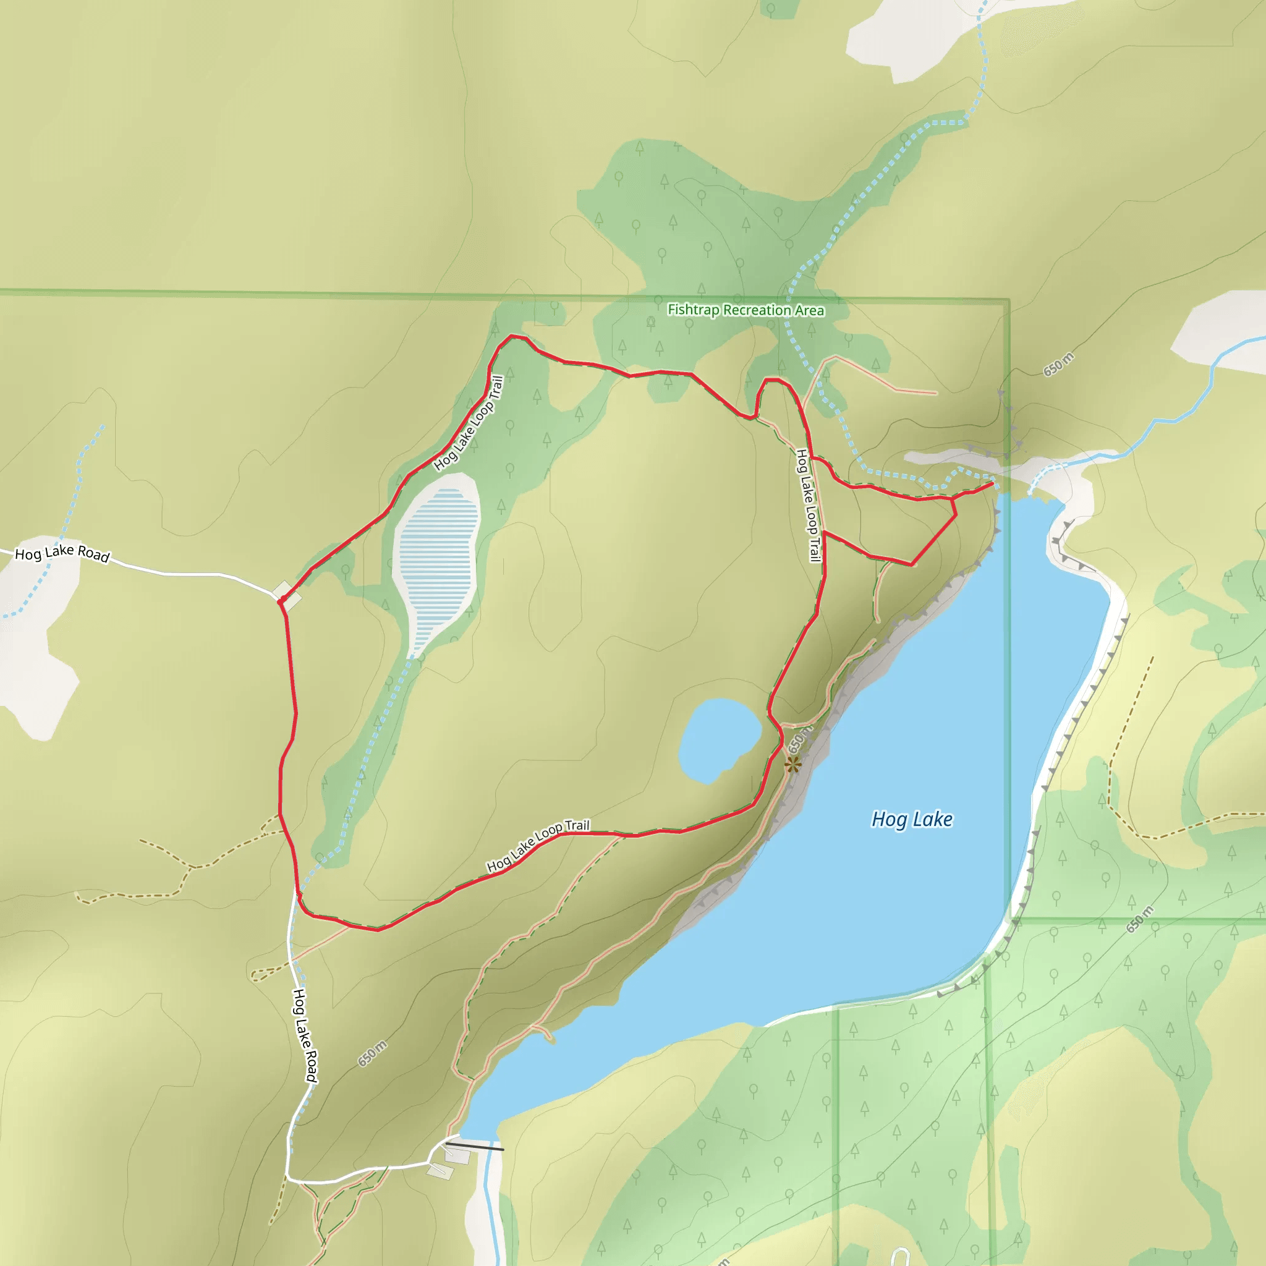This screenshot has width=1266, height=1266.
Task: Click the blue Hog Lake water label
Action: coord(912,819)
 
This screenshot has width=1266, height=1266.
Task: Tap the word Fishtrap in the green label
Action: coord(694,309)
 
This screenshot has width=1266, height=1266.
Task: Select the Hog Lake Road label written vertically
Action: coord(305,1035)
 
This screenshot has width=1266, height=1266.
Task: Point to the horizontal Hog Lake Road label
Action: coord(62,554)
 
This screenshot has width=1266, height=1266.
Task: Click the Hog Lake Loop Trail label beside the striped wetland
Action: coord(469,423)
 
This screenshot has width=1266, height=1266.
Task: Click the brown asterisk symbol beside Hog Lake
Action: coord(793,764)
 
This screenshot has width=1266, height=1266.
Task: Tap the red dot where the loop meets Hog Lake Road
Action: coord(281,600)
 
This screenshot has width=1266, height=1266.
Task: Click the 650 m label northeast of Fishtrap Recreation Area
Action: coord(1058,364)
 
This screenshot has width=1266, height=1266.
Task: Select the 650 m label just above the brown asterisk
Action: coord(799,739)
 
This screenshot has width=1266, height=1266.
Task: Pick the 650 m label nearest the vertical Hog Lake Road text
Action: coord(372,1054)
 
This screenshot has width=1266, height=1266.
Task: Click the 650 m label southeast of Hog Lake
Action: coord(1140,919)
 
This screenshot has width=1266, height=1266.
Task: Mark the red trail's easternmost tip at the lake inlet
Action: coord(993,483)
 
